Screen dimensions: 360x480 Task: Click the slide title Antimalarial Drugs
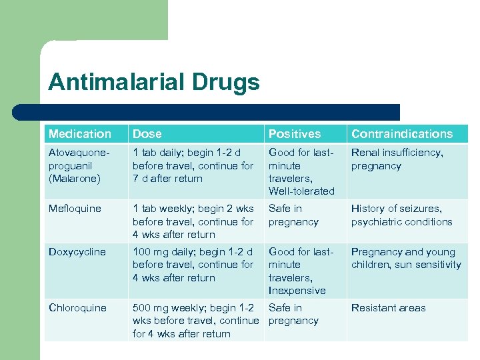[x=153, y=83]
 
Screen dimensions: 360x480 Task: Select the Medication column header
[x=80, y=134]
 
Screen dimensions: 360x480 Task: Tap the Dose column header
[x=147, y=134]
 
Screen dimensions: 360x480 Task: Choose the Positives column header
[x=294, y=134]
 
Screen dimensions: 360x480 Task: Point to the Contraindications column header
[x=402, y=134]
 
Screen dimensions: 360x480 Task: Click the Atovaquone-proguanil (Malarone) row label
[x=77, y=165]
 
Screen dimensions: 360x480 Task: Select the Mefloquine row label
[x=75, y=209]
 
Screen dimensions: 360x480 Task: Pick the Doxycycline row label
[x=77, y=252]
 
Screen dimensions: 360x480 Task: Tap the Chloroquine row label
[x=77, y=308]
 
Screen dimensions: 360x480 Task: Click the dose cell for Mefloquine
[x=193, y=221]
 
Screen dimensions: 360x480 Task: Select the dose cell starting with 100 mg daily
[x=193, y=265]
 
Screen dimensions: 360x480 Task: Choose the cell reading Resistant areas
[x=389, y=308]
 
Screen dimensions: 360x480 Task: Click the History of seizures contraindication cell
[x=401, y=215]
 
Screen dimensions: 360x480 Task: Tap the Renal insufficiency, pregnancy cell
[x=397, y=159]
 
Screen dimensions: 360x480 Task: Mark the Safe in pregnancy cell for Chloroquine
[x=293, y=314]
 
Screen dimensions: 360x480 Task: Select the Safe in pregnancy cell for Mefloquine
[x=293, y=215]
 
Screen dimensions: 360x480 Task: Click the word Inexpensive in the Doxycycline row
[x=297, y=291]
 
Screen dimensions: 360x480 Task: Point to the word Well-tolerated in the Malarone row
[x=301, y=191]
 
